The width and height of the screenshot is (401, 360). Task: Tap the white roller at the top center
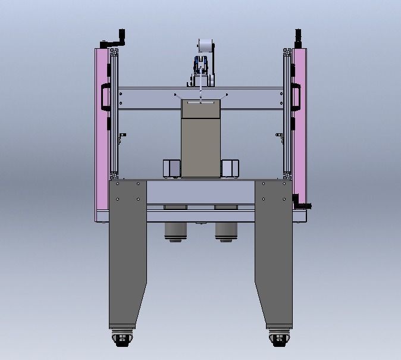coord(205,46)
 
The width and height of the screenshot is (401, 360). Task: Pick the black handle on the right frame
coord(295,97)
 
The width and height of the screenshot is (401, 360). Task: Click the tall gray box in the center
coord(200,143)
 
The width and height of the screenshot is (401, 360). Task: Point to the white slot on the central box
coord(200,102)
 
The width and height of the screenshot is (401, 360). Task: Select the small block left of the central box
coord(171,168)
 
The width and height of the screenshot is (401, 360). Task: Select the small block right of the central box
coord(230,168)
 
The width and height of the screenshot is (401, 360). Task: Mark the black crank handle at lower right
coord(303,206)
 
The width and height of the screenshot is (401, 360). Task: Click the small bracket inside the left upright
coord(123,137)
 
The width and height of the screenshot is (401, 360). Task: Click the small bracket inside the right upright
coord(279,137)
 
